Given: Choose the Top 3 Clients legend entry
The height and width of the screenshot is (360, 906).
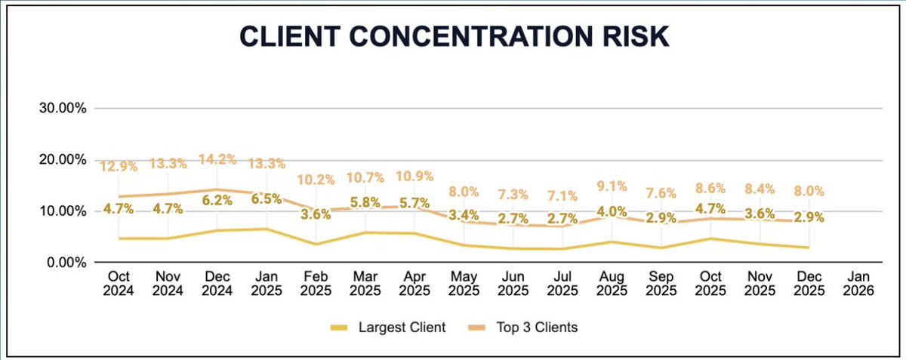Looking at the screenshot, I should coord(536,327).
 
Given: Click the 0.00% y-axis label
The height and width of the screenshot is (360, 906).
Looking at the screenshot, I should coord(66,263).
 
